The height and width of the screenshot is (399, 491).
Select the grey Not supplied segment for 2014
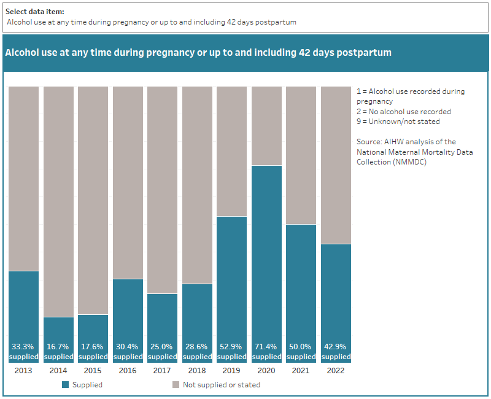tap(58, 201)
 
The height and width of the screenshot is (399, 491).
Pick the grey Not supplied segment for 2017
tap(163, 190)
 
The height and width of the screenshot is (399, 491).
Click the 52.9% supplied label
tap(232, 352)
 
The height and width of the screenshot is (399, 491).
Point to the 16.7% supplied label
tap(58, 352)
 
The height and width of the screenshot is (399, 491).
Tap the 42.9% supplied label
tap(336, 352)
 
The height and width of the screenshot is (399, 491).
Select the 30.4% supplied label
tap(128, 352)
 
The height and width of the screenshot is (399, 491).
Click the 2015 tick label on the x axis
tap(93, 370)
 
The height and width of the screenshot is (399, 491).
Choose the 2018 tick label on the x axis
tap(197, 370)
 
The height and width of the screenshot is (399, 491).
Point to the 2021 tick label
tap(301, 370)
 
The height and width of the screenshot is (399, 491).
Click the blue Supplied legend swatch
tap(66, 385)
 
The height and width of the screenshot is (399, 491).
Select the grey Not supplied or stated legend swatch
tap(176, 385)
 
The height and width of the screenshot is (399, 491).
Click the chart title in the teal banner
tap(198, 53)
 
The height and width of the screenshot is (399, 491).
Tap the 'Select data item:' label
tap(34, 12)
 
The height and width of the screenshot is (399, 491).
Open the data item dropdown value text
tap(152, 22)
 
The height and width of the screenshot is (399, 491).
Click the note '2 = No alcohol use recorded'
tap(403, 112)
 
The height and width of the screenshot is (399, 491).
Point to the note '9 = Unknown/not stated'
tap(398, 122)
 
